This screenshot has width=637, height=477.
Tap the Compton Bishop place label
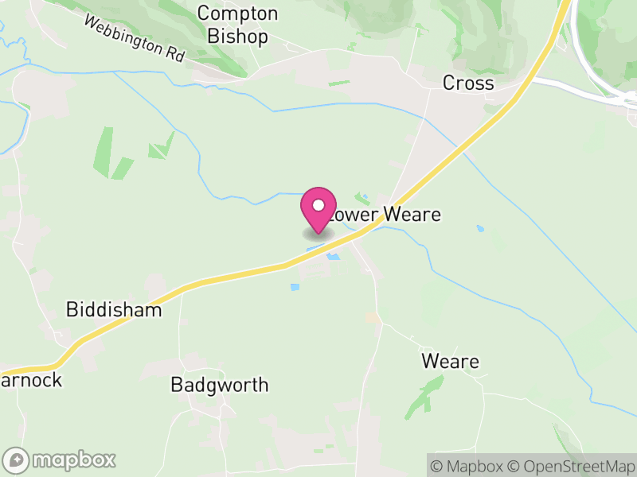(237, 25)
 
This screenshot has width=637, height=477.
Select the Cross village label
(468, 83)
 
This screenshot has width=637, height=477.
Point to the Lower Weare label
(385, 215)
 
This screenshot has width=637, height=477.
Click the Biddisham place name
(114, 309)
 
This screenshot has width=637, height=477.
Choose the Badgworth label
(219, 386)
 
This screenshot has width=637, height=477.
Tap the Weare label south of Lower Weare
(450, 362)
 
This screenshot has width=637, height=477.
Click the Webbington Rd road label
(134, 41)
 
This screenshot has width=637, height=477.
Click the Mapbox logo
(61, 460)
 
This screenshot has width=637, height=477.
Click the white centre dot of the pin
(318, 205)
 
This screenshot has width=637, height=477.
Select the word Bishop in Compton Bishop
(237, 37)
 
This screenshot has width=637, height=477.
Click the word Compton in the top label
(237, 14)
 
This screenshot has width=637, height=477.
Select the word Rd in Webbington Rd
(174, 56)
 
